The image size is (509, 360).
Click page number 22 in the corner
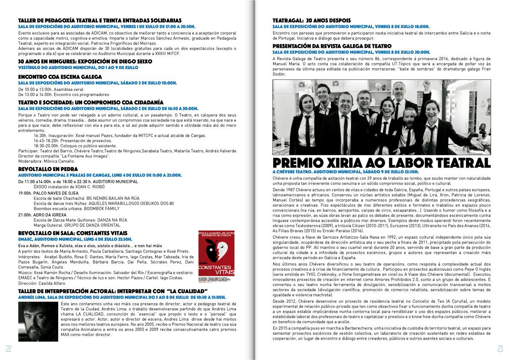(9, 348)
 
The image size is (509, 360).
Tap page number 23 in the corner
(500, 348)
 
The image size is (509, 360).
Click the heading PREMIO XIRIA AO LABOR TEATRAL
(381, 163)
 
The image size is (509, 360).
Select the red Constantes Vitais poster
(217, 254)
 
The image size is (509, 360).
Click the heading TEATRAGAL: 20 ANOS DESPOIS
(312, 20)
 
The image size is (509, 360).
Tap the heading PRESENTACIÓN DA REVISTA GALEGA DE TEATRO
(332, 46)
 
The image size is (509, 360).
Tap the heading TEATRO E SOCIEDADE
(91, 102)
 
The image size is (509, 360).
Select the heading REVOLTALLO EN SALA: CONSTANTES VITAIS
(73, 233)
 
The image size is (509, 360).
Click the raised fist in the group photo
(427, 82)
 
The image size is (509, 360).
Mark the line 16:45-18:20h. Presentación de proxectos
(73, 140)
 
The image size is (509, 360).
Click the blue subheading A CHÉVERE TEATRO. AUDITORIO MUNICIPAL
(345, 171)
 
